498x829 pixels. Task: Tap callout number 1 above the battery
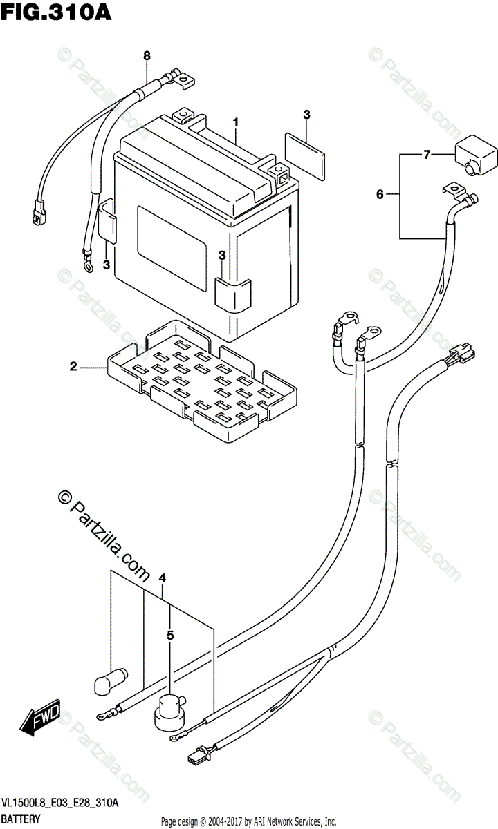click(236, 122)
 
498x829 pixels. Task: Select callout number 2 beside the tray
click(73, 367)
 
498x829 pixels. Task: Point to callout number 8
click(146, 55)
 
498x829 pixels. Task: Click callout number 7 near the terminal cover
click(427, 155)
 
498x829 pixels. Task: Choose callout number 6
click(379, 195)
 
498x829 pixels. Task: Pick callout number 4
click(162, 578)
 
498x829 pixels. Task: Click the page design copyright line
click(248, 821)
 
